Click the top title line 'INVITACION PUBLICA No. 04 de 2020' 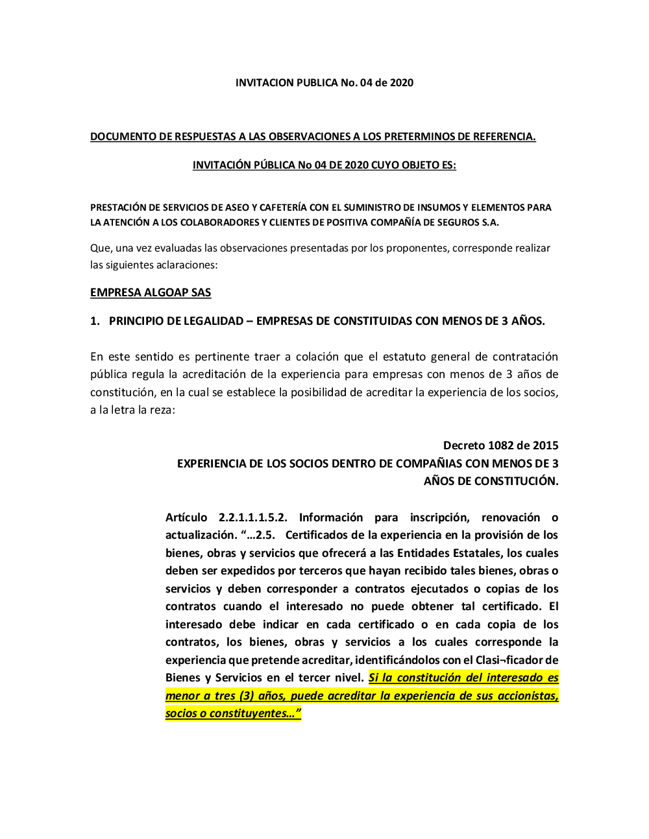coord(324,82)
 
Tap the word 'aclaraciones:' coord(187,265)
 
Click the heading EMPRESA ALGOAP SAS coord(151,292)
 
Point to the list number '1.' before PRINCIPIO coord(95,321)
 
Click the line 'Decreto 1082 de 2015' coord(500,445)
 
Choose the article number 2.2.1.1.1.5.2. coord(252,517)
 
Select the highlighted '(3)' coord(247,696)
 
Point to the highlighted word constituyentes coord(248,713)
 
